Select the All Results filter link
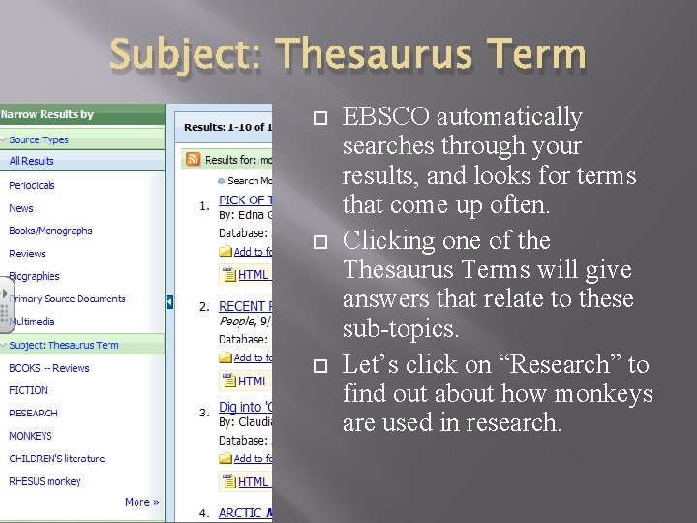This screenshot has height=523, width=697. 31,161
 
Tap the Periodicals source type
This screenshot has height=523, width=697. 32,185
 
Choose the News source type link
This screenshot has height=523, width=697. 21,208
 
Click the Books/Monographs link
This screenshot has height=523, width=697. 50,231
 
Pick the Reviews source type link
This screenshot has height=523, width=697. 27,254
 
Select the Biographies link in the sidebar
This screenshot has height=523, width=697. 34,276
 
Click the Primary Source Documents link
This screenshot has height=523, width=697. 67,299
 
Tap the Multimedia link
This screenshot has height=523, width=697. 32,322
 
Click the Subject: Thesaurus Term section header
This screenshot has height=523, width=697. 64,345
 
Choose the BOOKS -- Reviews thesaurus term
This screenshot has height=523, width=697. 48,368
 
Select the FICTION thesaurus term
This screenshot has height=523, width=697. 28,390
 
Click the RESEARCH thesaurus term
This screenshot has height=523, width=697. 33,414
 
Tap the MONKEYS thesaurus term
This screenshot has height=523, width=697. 30,436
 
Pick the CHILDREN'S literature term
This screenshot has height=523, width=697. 56,458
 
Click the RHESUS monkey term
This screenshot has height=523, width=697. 45,481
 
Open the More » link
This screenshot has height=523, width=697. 141,502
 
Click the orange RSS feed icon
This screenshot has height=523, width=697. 194,159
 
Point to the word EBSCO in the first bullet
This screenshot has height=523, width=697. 387,117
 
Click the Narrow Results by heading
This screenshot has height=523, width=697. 47,114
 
